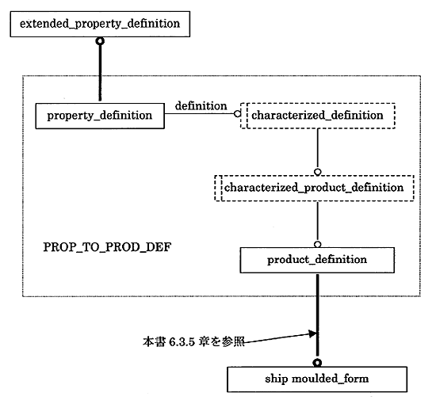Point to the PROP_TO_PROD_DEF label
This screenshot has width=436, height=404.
coord(107,247)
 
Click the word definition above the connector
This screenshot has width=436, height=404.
coord(201,106)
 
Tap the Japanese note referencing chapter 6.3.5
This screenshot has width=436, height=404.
coord(193,341)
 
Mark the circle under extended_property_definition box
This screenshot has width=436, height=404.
coord(100,41)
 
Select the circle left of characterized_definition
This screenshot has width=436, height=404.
coord(237,113)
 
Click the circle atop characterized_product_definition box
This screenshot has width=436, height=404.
coord(318,172)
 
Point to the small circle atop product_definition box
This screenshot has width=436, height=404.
coord(318,245)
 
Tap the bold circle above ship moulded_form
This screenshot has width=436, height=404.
coord(317,363)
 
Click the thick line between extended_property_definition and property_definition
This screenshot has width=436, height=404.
coord(100,73)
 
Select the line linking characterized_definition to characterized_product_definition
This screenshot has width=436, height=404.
coord(318,149)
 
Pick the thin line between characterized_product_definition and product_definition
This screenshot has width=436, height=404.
coord(318,221)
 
